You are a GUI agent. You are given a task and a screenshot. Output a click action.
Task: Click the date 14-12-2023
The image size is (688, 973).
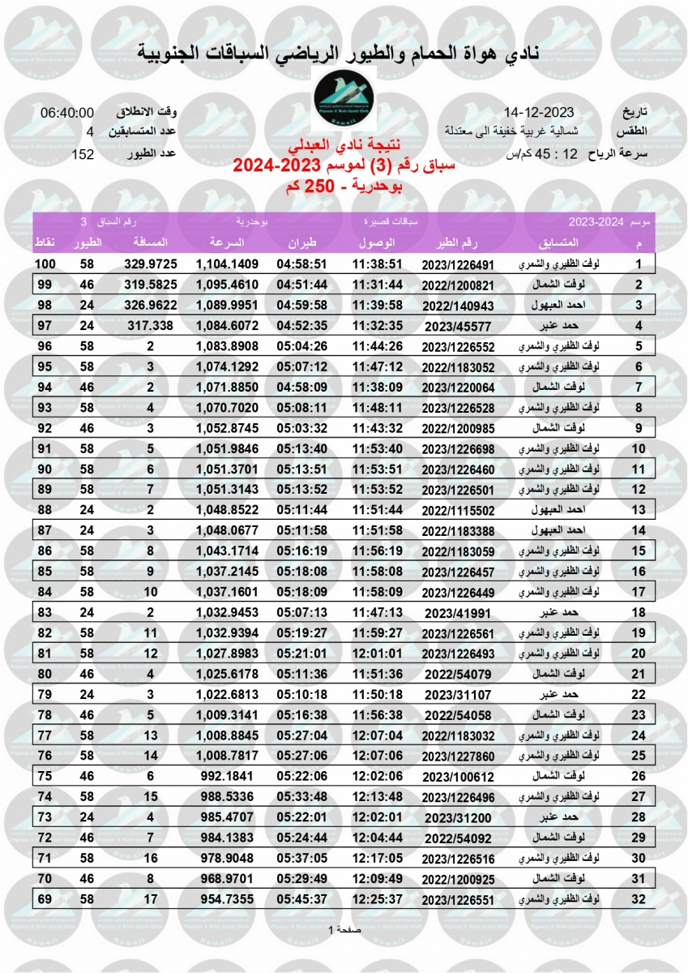(x=539, y=112)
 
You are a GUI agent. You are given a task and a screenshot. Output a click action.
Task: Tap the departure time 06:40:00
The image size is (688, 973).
(x=67, y=113)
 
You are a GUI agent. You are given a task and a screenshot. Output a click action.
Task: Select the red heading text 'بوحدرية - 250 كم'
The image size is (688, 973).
(x=344, y=186)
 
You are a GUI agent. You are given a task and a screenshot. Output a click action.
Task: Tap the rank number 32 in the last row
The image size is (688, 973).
(x=639, y=898)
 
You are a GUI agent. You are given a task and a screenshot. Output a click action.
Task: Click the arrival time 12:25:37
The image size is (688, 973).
(x=377, y=898)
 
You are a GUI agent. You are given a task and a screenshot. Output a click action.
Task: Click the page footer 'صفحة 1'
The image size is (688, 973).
(x=343, y=928)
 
